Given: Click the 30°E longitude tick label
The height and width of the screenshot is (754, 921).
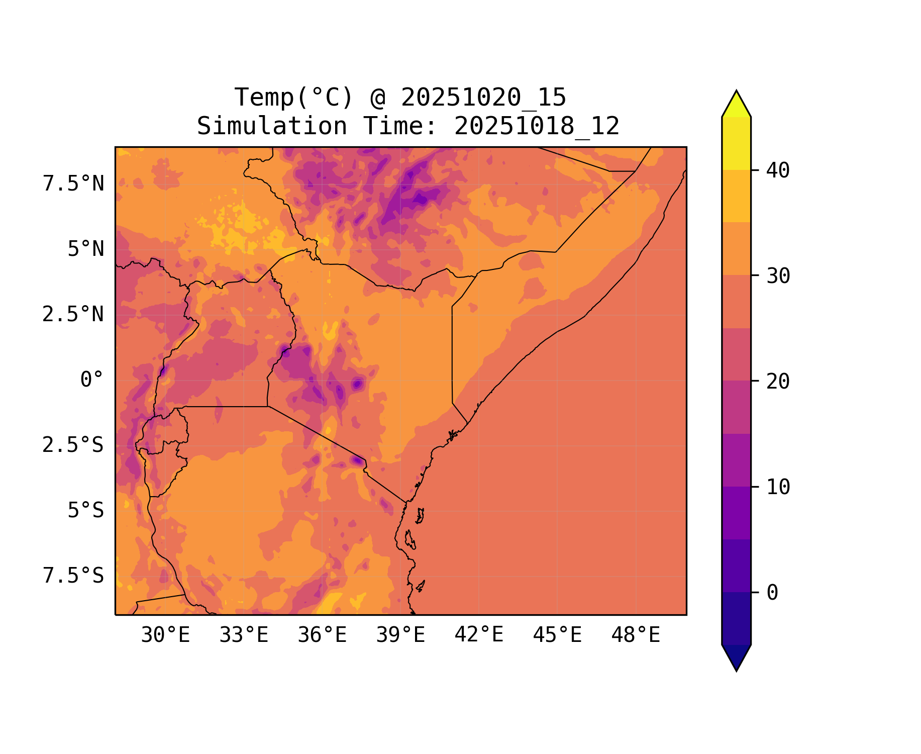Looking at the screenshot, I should click(x=165, y=635).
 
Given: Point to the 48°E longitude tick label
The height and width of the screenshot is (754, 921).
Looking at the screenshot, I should click(x=636, y=635).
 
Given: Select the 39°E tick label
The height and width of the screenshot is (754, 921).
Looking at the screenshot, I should click(x=400, y=635).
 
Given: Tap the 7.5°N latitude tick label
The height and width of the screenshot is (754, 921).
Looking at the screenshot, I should click(x=73, y=184).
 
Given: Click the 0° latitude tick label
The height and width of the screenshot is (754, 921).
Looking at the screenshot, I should click(x=91, y=380).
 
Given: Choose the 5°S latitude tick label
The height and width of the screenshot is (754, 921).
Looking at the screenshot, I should click(x=85, y=511).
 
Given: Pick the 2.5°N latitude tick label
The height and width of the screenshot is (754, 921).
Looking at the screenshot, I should click(x=73, y=315).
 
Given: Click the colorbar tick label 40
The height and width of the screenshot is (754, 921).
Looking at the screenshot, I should click(x=778, y=170).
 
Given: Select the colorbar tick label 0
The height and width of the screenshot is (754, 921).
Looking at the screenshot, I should click(x=772, y=593).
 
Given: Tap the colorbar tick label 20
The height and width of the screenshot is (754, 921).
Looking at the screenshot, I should click(x=778, y=382).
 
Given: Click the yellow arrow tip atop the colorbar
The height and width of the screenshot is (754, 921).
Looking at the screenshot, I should click(x=736, y=103).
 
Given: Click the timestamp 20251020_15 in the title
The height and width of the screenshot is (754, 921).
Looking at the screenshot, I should click(x=483, y=98).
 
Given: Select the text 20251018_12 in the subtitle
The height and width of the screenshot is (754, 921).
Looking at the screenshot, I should click(x=537, y=126).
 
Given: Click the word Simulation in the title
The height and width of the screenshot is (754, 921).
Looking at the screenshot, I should click(x=272, y=126).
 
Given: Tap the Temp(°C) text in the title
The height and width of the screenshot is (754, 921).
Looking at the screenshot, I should click(x=294, y=98).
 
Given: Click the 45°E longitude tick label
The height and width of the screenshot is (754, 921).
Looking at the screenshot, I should click(x=557, y=635).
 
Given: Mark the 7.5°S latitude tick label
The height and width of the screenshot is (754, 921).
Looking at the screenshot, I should click(x=73, y=576).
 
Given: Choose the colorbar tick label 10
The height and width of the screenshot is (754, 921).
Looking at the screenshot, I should click(x=778, y=487).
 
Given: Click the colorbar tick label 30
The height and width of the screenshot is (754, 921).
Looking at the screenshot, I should click(x=778, y=276).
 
